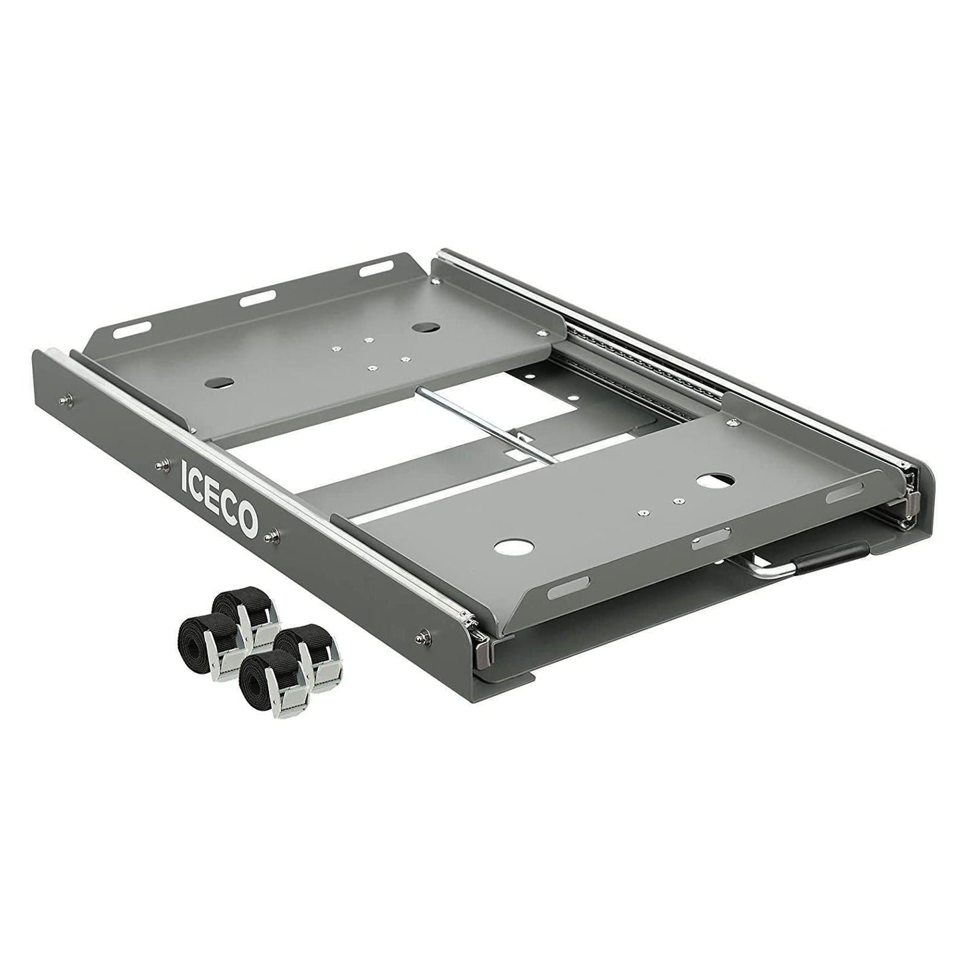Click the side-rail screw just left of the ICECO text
click(160, 463)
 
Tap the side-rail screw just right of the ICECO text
click(273, 533)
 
